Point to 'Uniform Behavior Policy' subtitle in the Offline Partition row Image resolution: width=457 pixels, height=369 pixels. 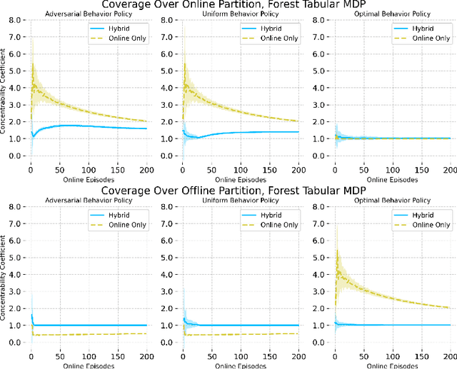240,202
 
